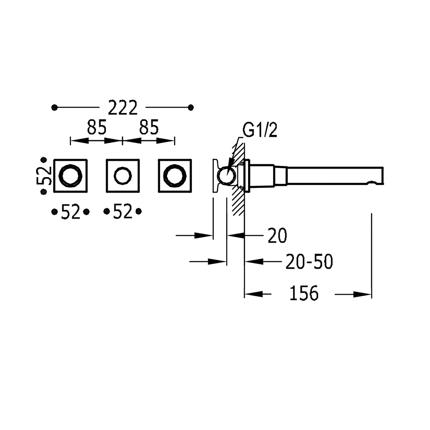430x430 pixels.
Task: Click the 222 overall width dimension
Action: pyautogui.click(x=122, y=107)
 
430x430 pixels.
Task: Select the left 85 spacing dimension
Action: pyautogui.click(x=97, y=128)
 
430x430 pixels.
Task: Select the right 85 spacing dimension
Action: pyautogui.click(x=149, y=128)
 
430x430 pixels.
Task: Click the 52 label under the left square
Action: pyautogui.click(x=70, y=212)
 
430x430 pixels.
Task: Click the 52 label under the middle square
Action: pyautogui.click(x=123, y=212)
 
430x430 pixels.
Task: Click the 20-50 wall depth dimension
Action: pyautogui.click(x=309, y=261)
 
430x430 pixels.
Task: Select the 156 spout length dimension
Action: pyautogui.click(x=303, y=294)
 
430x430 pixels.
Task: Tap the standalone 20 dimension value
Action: pyautogui.click(x=277, y=236)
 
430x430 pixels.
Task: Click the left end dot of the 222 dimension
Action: pyautogui.click(x=54, y=107)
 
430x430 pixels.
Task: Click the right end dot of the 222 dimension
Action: pyautogui.click(x=190, y=107)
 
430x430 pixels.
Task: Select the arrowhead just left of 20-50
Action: pyautogui.click(x=252, y=261)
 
